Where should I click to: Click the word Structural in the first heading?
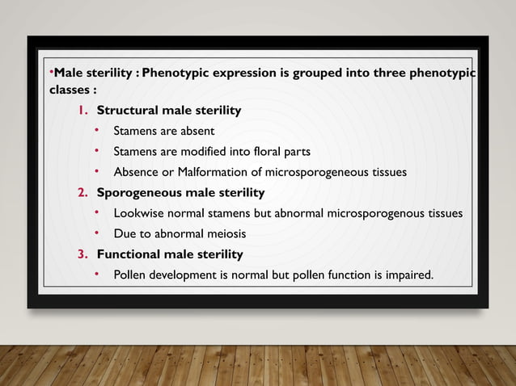(125, 110)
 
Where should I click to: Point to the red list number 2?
(82, 193)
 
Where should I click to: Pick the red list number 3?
(82, 254)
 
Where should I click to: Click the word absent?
(197, 130)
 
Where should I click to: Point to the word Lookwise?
(138, 214)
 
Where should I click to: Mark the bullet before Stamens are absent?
(95, 129)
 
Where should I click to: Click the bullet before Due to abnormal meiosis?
(95, 233)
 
